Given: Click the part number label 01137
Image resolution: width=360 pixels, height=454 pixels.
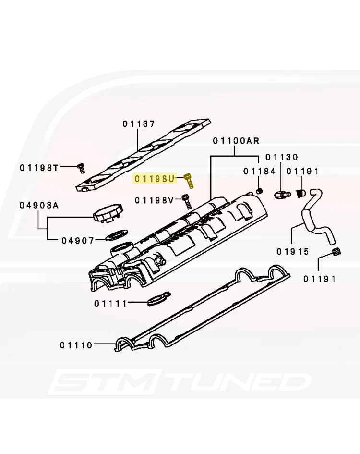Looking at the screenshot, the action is click(x=139, y=124).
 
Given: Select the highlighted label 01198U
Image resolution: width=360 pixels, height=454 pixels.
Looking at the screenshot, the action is click(x=155, y=179).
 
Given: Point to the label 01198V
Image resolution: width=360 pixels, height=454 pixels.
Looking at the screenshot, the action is click(x=154, y=200).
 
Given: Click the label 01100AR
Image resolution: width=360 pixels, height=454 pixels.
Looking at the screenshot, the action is click(x=236, y=141).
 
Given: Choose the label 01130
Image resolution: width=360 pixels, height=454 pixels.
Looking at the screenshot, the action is click(x=282, y=157).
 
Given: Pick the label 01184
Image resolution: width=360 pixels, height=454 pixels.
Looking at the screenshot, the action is click(x=260, y=172).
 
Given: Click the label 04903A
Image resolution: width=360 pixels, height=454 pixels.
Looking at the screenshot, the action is click(x=39, y=205).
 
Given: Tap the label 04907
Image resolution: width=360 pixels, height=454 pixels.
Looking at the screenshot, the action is click(x=78, y=241).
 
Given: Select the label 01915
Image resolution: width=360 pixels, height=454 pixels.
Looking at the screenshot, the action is click(x=293, y=252).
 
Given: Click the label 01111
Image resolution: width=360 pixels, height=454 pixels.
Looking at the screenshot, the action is click(x=110, y=304).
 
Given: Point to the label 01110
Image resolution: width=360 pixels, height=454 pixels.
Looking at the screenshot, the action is click(x=76, y=345).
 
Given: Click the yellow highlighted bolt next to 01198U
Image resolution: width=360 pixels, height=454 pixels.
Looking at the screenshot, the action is click(x=189, y=181).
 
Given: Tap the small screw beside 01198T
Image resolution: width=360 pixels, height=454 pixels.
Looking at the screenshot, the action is click(x=81, y=168).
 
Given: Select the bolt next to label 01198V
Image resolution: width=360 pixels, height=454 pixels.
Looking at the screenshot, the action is click(x=187, y=202).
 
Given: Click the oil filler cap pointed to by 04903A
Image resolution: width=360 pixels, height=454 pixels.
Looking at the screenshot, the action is click(x=108, y=213).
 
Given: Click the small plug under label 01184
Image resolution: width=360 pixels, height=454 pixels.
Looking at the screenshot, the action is click(x=260, y=191).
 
